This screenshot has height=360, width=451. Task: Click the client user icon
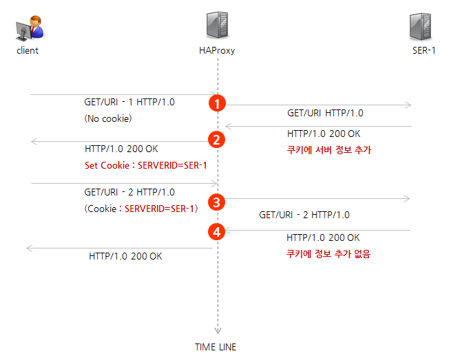(x=29, y=28)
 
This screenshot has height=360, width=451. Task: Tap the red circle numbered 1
(x=217, y=104)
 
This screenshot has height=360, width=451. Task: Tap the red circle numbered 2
(x=217, y=140)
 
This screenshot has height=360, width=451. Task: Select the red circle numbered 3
(x=217, y=202)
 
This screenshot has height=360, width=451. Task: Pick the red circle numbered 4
(x=217, y=232)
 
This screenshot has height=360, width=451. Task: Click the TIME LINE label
(x=216, y=347)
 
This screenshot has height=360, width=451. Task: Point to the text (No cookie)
(x=107, y=118)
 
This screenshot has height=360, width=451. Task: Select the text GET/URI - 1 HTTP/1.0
(x=129, y=102)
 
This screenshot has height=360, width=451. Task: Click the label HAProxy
(x=217, y=51)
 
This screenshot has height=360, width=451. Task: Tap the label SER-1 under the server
(x=423, y=51)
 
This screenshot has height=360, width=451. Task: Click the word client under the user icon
(x=28, y=51)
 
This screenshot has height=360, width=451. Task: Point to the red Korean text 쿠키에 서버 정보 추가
(x=328, y=150)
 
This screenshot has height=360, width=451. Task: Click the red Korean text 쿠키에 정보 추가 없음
(x=328, y=253)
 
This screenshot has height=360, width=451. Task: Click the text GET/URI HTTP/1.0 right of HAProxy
(x=325, y=113)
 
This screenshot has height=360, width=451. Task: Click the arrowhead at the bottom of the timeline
(x=218, y=330)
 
